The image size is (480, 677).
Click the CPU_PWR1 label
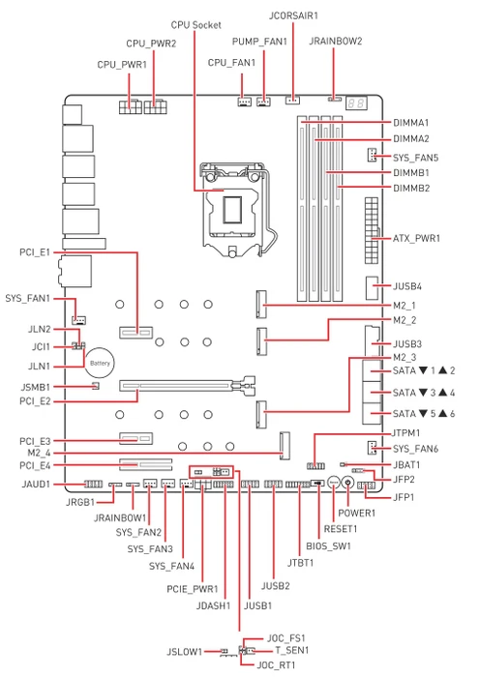[x=122, y=65]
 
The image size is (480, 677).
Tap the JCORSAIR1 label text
[x=293, y=15]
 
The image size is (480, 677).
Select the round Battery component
[x=100, y=363]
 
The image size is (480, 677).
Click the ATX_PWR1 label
[x=416, y=238]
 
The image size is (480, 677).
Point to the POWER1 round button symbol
[x=347, y=483]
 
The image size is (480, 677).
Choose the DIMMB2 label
[x=411, y=189]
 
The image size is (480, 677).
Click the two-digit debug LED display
[x=357, y=103]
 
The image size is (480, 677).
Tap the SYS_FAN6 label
[x=415, y=449]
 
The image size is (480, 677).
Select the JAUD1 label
[x=36, y=484]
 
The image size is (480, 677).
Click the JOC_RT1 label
[x=276, y=665]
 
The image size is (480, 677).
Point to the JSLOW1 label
[x=185, y=652]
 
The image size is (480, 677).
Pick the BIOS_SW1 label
[x=328, y=546]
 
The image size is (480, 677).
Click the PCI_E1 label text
[x=35, y=252]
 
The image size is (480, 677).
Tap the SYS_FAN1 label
[x=28, y=298]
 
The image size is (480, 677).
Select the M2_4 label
[x=39, y=453]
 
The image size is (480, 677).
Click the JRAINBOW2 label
[x=335, y=41]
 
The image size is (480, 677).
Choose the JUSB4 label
[x=407, y=286]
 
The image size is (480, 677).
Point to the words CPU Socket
[x=195, y=25]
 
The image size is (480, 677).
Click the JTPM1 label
[x=405, y=432]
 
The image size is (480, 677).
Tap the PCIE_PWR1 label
[x=193, y=589]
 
